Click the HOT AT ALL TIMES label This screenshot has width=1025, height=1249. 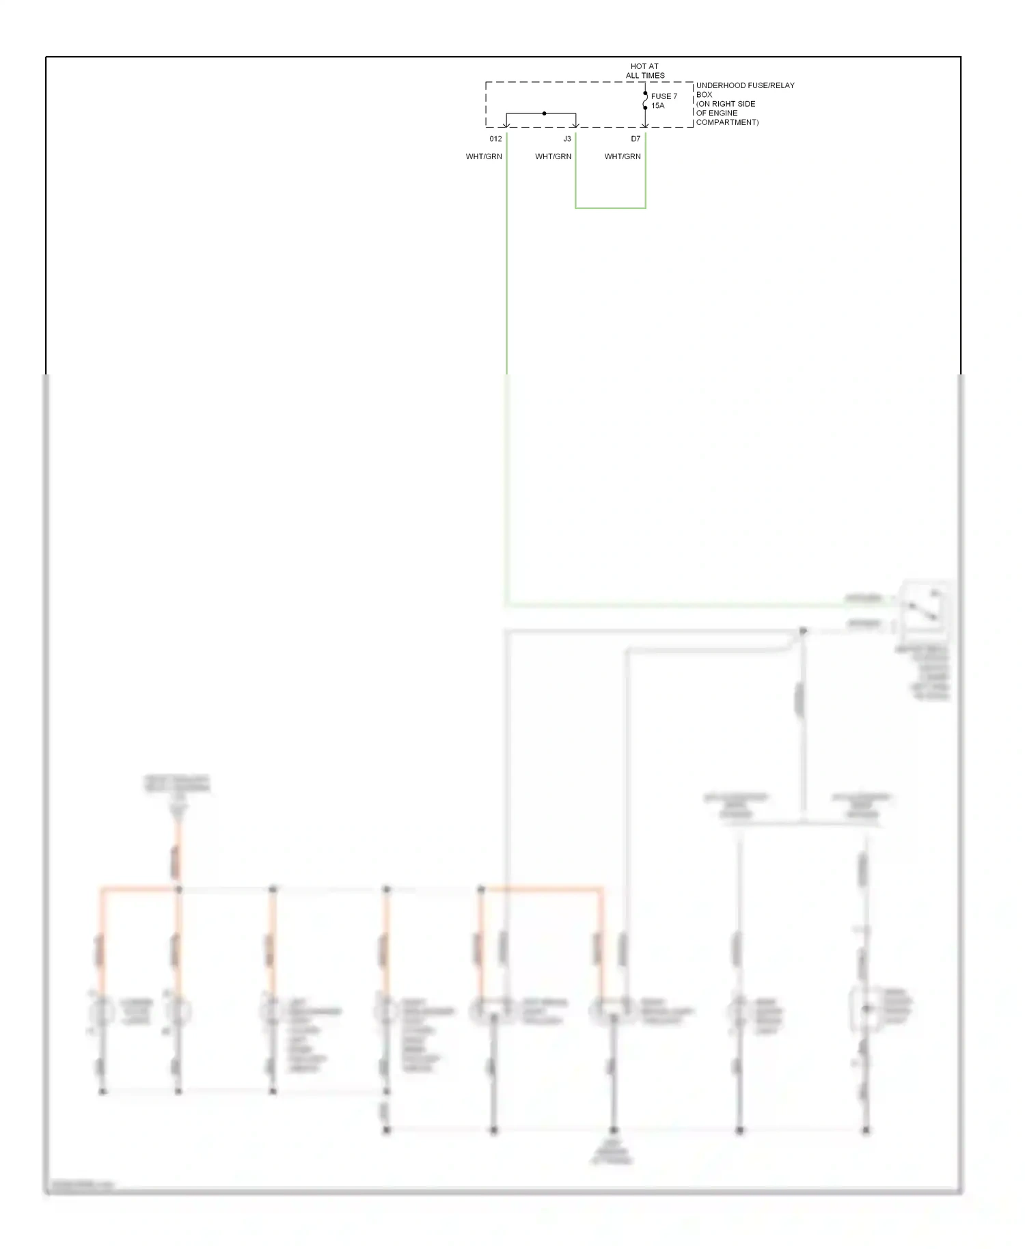tap(645, 71)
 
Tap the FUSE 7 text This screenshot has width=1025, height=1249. tap(664, 96)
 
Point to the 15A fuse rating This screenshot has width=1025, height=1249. tap(657, 106)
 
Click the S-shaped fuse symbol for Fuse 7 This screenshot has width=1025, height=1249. tap(645, 100)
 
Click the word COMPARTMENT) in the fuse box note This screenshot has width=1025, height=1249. tap(727, 122)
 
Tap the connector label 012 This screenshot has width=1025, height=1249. tap(495, 139)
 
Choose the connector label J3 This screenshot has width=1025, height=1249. tap(566, 139)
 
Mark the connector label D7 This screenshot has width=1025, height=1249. tap(635, 139)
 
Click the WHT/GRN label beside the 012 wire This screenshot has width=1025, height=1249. tap(484, 156)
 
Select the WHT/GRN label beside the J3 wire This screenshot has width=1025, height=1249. tap(553, 156)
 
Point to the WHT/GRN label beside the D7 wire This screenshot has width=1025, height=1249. tap(623, 156)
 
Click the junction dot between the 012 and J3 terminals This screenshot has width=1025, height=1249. tap(544, 113)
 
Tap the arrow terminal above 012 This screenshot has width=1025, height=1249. tap(506, 124)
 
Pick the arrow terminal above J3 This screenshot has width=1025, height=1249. tap(576, 124)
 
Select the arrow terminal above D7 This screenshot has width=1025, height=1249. tap(645, 124)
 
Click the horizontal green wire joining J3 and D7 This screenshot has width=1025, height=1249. tap(610, 208)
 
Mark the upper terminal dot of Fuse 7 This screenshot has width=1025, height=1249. tap(645, 94)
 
